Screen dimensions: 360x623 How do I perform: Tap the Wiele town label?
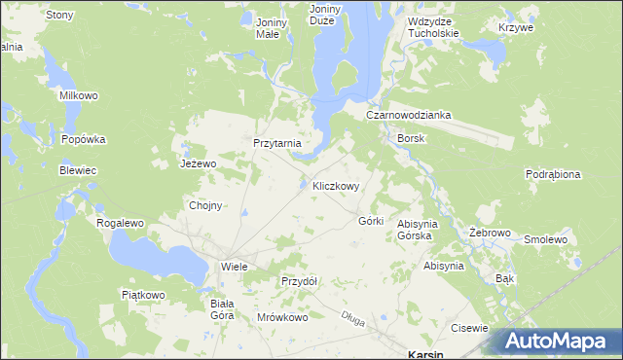tap(235, 266)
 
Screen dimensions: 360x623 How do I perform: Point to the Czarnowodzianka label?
tap(409, 114)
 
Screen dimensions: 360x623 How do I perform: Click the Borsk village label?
tap(411, 138)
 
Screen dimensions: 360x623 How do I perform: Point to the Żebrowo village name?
tap(490, 234)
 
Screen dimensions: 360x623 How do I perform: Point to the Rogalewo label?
tap(120, 223)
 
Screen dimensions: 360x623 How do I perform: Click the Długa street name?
tap(353, 316)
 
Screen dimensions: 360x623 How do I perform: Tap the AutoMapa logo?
tap(559, 342)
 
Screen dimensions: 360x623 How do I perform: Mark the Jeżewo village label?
tap(198, 163)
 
